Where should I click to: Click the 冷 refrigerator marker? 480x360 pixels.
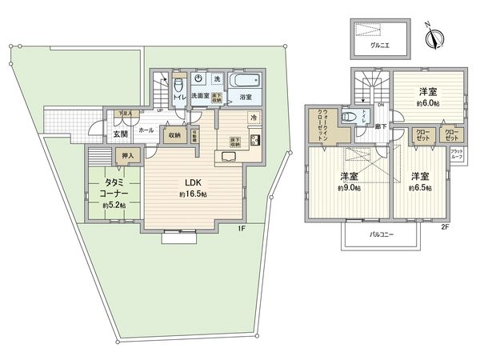click(x=254, y=118)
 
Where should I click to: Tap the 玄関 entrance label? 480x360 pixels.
click(x=121, y=134)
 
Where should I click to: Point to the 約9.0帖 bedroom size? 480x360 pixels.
click(x=348, y=188)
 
